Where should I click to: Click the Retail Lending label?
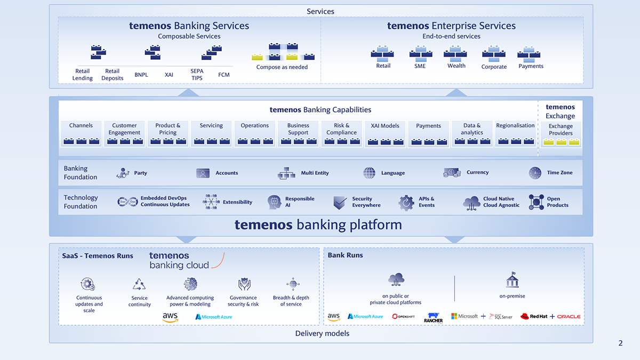83,75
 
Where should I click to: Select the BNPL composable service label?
141,75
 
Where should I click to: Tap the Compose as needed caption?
282,67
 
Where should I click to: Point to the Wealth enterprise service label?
457,66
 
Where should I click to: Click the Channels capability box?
81,134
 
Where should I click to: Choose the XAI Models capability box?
385,134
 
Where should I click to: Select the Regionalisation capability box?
515,134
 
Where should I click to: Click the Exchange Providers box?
561,134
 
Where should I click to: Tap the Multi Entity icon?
286,173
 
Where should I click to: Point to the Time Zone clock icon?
535,173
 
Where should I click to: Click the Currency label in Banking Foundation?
477,173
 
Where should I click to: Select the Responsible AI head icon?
274,202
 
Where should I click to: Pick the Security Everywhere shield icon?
340,203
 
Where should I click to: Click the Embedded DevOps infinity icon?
127,202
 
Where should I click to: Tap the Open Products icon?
536,202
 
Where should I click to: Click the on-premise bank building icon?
512,281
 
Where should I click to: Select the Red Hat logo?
534,317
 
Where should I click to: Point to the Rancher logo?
433,317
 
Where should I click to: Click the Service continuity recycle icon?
139,284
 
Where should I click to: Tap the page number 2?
620,343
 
